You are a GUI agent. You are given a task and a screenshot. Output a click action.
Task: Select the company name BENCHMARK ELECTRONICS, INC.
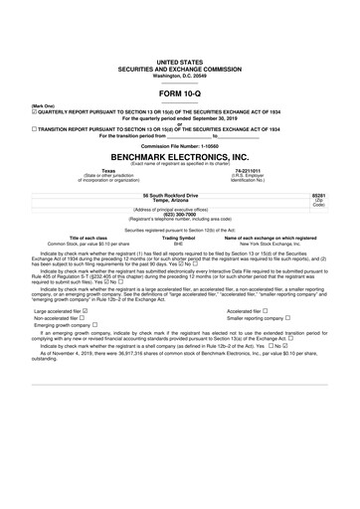179,157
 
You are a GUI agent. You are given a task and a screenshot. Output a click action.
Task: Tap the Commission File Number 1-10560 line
179,145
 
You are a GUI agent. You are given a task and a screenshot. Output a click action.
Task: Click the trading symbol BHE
179,244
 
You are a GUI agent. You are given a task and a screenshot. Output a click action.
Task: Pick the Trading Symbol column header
179,239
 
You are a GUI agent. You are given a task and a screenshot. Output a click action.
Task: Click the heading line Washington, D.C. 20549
179,73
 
